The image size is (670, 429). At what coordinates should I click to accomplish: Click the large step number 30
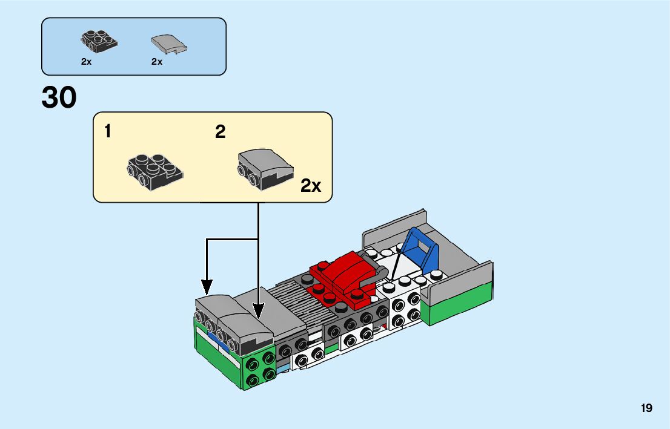coord(59,98)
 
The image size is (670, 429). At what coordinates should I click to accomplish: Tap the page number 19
coord(646,408)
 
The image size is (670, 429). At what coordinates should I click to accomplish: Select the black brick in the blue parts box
coord(98,41)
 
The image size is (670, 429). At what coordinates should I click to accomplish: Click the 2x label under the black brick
coord(86,62)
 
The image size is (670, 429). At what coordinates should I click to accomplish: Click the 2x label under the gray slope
coord(157,62)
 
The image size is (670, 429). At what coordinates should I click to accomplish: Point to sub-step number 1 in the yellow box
coord(108,131)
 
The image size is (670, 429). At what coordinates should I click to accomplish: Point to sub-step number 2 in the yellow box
coord(220,132)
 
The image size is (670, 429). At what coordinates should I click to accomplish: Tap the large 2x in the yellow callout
coord(311,186)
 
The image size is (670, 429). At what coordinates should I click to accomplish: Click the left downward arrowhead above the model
coord(207,286)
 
